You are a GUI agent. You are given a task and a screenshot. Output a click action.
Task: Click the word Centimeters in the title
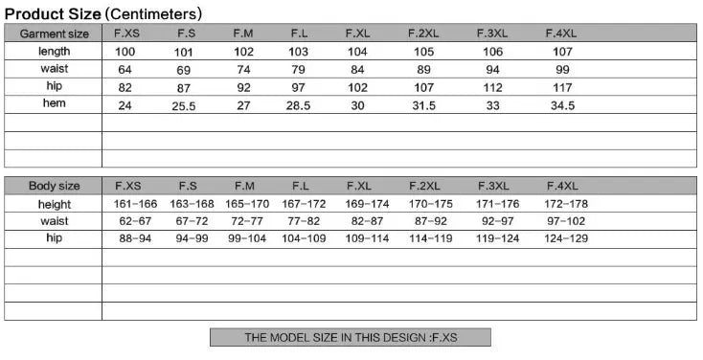click(x=153, y=14)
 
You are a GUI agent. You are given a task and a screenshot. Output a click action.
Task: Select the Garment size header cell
click(x=55, y=34)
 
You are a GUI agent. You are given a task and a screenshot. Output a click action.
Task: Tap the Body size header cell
click(x=55, y=186)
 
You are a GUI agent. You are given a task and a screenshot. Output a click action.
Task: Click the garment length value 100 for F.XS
click(x=125, y=52)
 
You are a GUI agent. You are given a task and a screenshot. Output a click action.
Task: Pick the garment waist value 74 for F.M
click(x=243, y=70)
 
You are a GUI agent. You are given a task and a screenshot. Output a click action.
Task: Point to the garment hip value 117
click(x=562, y=87)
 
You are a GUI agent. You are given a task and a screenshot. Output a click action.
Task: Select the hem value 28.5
click(x=298, y=106)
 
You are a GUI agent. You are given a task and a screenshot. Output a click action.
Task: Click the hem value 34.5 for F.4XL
click(x=562, y=106)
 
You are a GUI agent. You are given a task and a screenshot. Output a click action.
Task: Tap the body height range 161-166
click(x=135, y=204)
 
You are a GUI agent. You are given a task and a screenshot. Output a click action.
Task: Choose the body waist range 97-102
click(x=566, y=221)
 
